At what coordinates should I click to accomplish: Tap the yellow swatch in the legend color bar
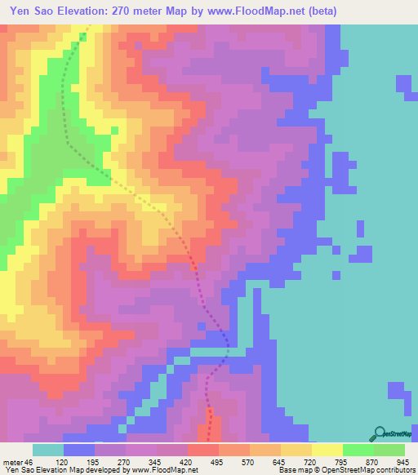(327, 450)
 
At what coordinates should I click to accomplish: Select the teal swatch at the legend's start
(47, 450)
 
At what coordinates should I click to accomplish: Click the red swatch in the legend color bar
(202, 450)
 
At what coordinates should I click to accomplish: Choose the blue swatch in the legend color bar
(78, 450)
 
